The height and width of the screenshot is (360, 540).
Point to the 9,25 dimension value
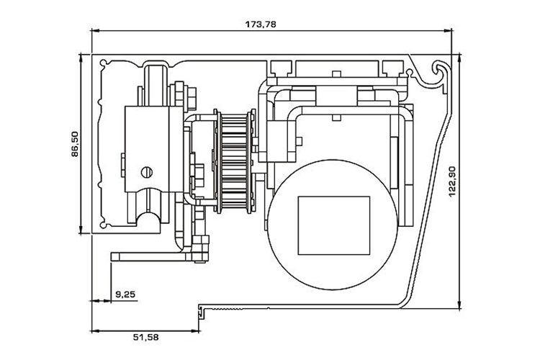click(126, 293)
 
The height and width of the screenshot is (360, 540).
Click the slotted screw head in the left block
click(148, 171)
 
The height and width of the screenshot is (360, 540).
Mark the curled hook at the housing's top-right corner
click(440, 70)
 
